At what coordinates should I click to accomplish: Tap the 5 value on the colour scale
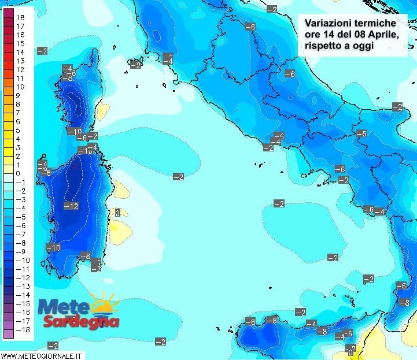coord(18,131)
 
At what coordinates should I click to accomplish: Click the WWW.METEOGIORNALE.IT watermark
coord(42,355)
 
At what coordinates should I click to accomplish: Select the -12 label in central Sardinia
coord(71,206)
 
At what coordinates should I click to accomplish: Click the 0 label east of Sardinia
coord(117,213)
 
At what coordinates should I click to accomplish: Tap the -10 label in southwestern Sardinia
coord(53,247)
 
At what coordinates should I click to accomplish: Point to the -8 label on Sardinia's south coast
coord(85,256)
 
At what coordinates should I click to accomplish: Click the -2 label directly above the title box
coord(271,8)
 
